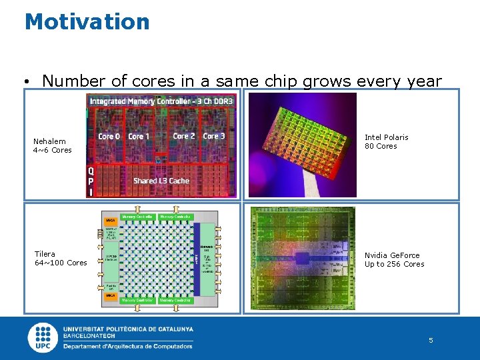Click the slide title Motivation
(x=87, y=21)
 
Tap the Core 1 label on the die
(x=139, y=137)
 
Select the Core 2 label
(x=184, y=136)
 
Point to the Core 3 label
(x=214, y=136)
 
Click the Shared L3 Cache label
(x=161, y=181)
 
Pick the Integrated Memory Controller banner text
(x=161, y=101)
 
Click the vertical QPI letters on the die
(x=91, y=181)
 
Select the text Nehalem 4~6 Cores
(x=52, y=145)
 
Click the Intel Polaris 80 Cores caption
(x=386, y=141)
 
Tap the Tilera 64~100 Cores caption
(x=60, y=258)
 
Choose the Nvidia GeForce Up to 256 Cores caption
(x=394, y=259)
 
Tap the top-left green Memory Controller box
(x=139, y=217)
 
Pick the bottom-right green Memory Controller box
(x=176, y=301)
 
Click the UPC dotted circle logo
(x=43, y=337)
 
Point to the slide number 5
(x=431, y=340)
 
